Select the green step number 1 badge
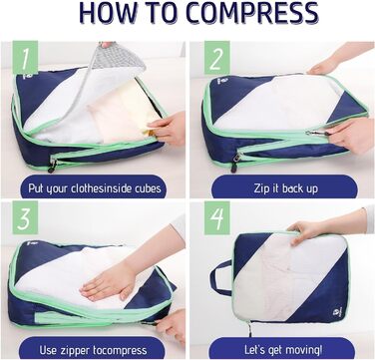[x=25, y=57]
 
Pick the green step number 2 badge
[x=217, y=57]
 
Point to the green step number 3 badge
[x=25, y=217]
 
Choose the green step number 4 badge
[x=217, y=217]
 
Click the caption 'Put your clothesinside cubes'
[x=95, y=188]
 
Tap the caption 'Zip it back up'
[x=286, y=188]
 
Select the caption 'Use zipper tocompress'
[x=93, y=350]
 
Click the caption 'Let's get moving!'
[x=283, y=350]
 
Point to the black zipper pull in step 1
[x=52, y=167]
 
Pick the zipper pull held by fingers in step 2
[x=316, y=134]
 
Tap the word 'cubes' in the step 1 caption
[x=149, y=188]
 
